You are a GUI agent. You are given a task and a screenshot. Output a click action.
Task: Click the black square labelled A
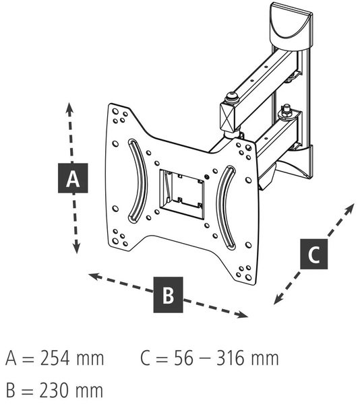(x=73, y=178)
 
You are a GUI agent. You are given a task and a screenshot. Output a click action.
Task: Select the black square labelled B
(x=168, y=295)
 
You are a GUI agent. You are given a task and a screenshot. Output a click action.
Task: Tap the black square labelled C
(x=314, y=254)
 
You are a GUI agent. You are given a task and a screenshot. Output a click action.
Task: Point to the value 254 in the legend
(x=55, y=358)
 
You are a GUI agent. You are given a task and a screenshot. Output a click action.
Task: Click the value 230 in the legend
(x=55, y=391)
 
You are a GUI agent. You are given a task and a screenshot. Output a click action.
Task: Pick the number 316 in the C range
(x=231, y=358)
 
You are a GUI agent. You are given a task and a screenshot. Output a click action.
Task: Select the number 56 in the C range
(x=183, y=358)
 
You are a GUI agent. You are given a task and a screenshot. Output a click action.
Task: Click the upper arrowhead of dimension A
(x=69, y=108)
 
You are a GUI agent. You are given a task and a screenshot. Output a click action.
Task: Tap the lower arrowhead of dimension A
(x=76, y=248)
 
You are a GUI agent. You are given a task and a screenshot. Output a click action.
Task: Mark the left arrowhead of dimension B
(x=94, y=277)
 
